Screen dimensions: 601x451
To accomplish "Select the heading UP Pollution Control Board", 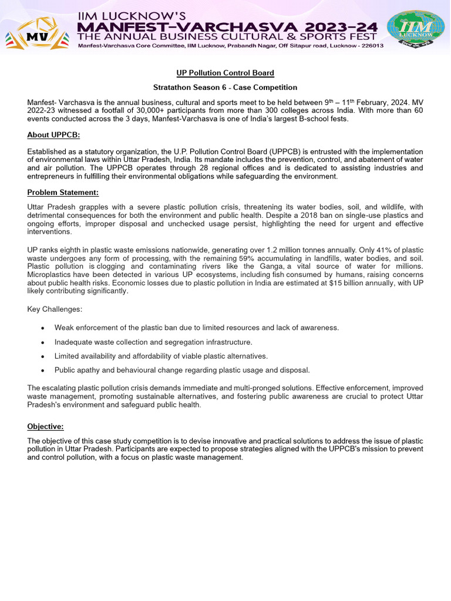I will click(x=225, y=73).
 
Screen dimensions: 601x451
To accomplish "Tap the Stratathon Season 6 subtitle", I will click(x=225, y=87).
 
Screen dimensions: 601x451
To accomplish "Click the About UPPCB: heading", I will click(x=53, y=135).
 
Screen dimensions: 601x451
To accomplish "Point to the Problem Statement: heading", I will click(x=63, y=193).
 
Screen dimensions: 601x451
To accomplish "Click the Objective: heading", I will click(x=45, y=427).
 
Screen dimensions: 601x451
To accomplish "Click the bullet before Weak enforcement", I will click(x=42, y=327).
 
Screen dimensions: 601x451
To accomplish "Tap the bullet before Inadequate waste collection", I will click(x=42, y=342).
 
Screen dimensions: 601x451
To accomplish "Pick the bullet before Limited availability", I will click(x=42, y=356).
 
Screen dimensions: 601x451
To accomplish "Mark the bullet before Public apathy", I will click(x=42, y=370).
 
